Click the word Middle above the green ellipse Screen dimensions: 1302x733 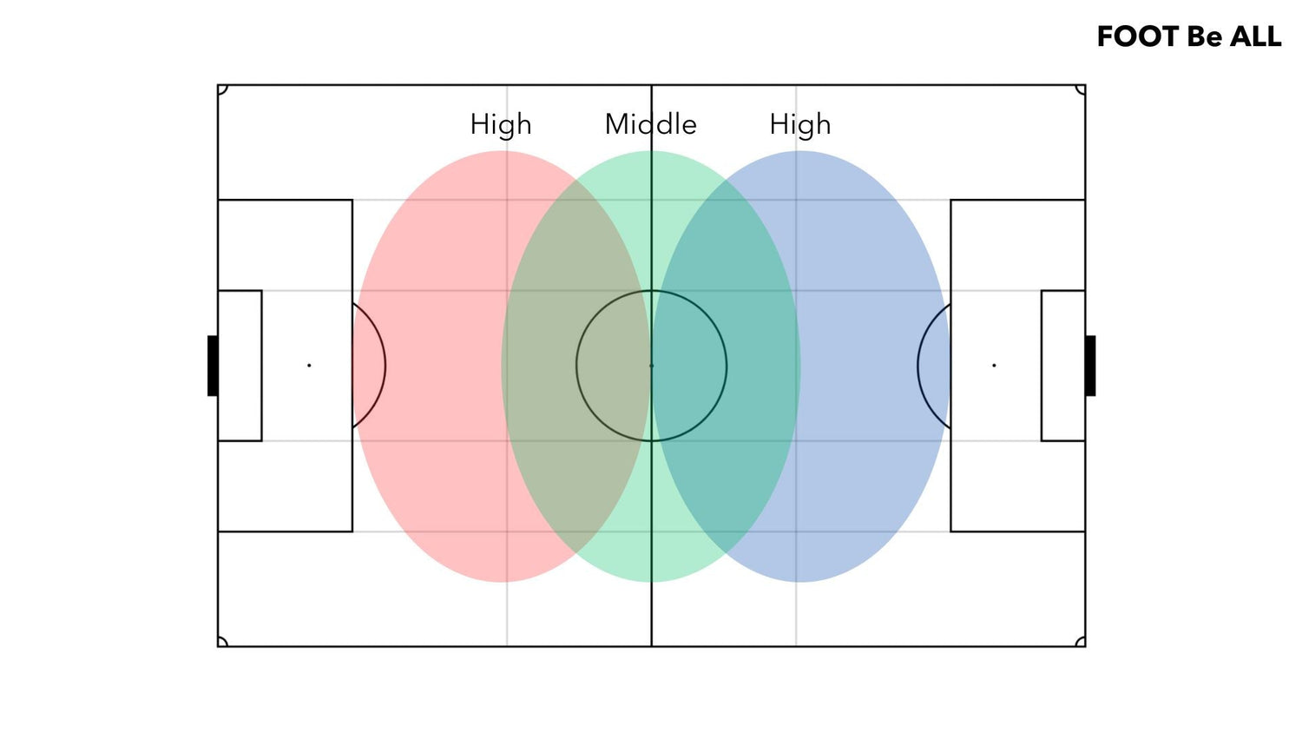tap(650, 124)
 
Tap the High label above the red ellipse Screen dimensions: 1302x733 tap(501, 125)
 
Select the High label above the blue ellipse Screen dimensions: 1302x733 tap(799, 125)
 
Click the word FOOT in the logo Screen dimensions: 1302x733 tap(1138, 36)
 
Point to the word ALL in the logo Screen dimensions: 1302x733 tap(1255, 36)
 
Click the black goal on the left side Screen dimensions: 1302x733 tap(213, 366)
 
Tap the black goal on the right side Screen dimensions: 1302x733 tap(1090, 366)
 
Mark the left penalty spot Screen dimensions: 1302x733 tap(309, 366)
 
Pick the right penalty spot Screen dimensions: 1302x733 tap(994, 366)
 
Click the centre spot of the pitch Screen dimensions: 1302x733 tap(652, 366)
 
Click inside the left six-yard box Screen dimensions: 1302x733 tap(240, 366)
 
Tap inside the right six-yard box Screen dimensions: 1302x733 tap(1063, 366)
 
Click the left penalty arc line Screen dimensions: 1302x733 tap(385, 366)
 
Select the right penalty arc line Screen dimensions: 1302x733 tap(918, 366)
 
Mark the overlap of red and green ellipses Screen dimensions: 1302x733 tap(575, 366)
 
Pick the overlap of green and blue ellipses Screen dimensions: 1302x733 tap(727, 366)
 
